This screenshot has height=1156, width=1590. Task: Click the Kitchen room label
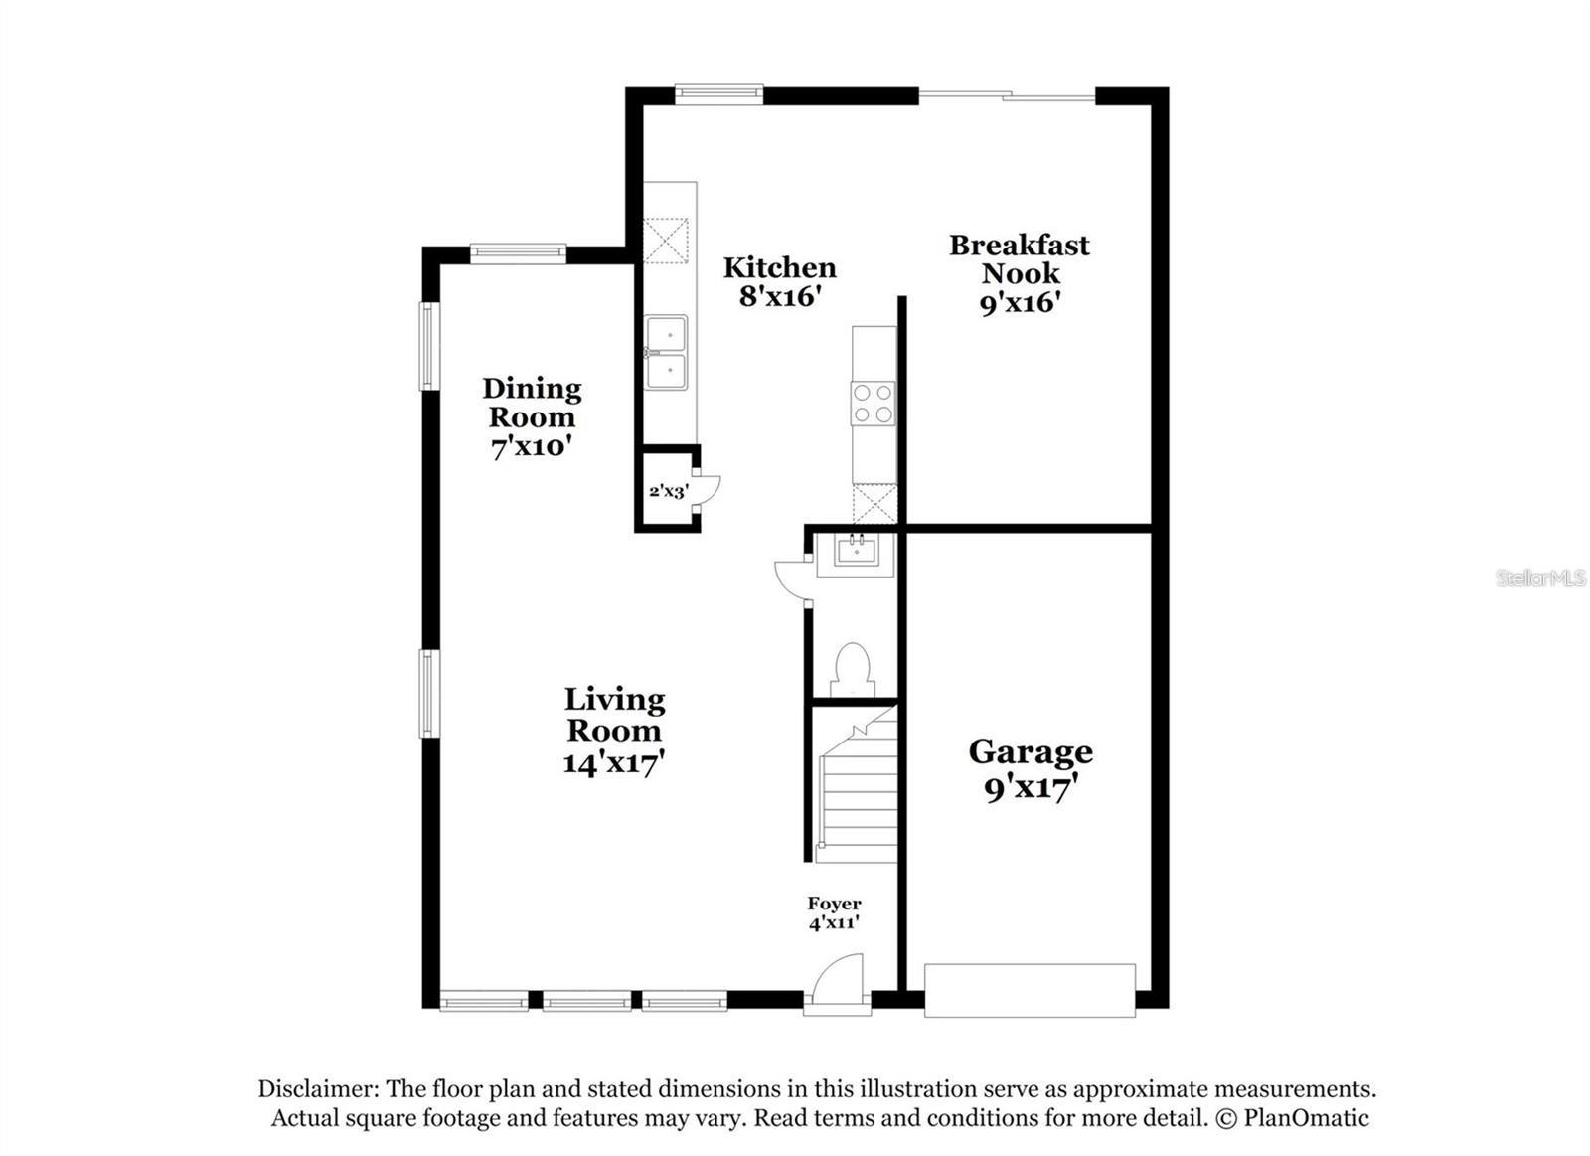click(x=779, y=268)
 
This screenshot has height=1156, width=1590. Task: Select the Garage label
click(x=1031, y=751)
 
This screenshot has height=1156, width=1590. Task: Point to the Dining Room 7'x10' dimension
click(x=532, y=447)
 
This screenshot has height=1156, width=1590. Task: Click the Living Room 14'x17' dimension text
click(x=613, y=763)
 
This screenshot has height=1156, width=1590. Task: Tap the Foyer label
click(x=834, y=904)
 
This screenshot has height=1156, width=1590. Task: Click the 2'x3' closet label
click(x=667, y=491)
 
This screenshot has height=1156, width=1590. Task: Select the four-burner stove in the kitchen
click(x=873, y=404)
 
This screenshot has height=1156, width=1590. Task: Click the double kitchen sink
click(x=666, y=353)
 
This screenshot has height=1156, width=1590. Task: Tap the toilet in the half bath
click(x=852, y=669)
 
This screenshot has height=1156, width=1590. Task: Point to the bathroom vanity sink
click(x=856, y=550)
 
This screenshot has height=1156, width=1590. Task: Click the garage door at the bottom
click(x=1030, y=990)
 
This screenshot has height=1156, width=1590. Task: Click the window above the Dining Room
click(x=518, y=253)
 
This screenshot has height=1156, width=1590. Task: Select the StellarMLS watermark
click(x=1540, y=578)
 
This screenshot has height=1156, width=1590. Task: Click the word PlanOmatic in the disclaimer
click(x=1305, y=1118)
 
